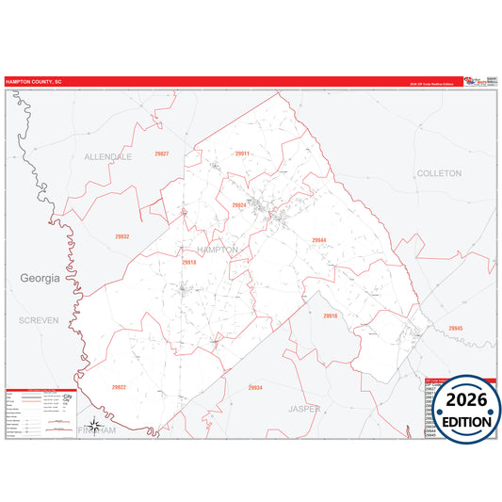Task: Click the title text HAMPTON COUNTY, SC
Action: coord(34,82)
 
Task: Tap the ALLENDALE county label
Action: coord(108,156)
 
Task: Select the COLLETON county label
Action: coord(438,173)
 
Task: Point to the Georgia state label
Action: coord(40,279)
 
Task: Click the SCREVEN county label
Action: coord(39,320)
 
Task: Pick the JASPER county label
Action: coord(304,409)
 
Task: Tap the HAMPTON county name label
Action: coord(218,249)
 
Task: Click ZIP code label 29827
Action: coord(161,154)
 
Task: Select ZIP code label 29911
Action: coord(242,153)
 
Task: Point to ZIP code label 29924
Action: coord(238,204)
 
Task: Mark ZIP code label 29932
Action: coord(121,236)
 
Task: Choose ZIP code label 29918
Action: coord(188,263)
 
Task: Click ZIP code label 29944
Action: coord(319,240)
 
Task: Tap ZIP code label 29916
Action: coord(330,316)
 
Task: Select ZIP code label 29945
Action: coord(456,328)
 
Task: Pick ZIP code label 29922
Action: coord(119,387)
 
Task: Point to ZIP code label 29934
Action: coord(255,387)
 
